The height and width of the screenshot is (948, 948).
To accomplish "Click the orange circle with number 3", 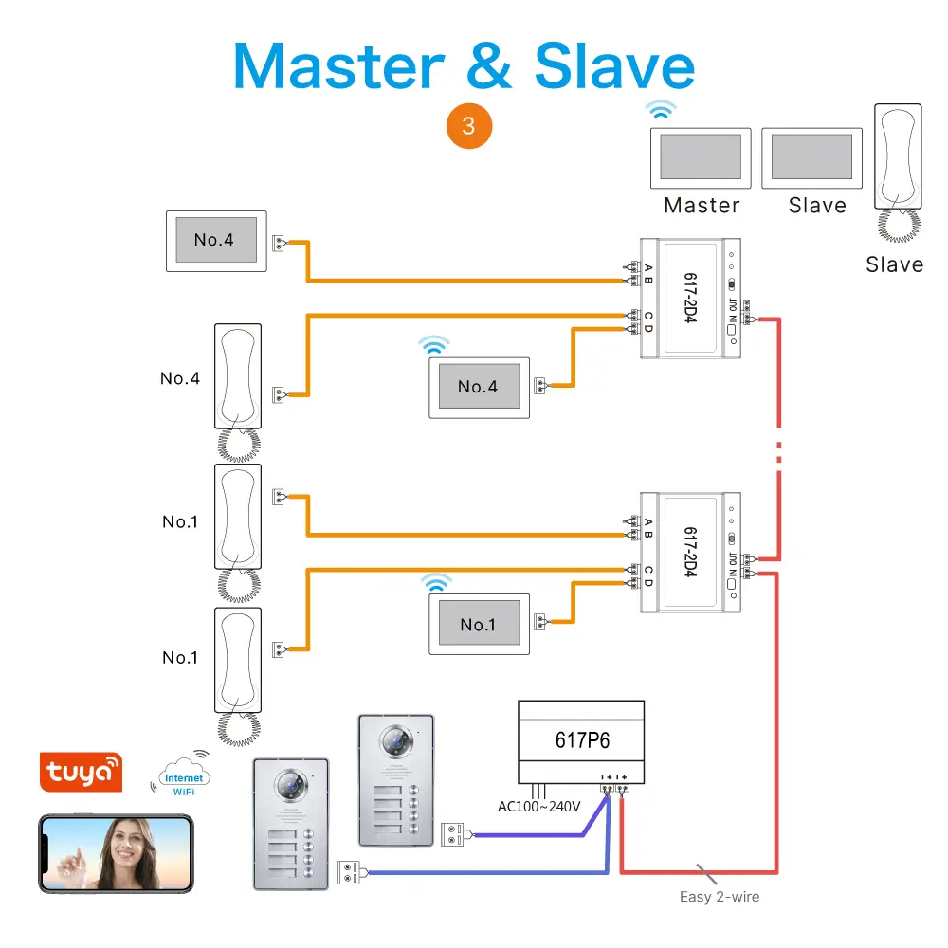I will click(x=468, y=125).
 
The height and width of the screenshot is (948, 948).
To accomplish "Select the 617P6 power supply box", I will click(x=580, y=739).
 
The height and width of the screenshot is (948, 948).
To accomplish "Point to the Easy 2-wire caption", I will click(x=720, y=896).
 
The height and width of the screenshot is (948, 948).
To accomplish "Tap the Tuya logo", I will click(x=81, y=772).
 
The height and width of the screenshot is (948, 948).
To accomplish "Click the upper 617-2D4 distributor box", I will click(x=690, y=297).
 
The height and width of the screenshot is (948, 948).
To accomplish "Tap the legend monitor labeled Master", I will click(x=701, y=156).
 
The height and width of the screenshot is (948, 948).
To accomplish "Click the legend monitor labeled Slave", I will click(x=812, y=156).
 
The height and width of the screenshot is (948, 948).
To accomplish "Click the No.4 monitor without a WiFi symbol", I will click(x=215, y=241).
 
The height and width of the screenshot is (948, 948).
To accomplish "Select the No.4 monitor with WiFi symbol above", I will click(x=479, y=387).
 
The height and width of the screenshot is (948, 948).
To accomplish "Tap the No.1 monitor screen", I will click(x=479, y=625).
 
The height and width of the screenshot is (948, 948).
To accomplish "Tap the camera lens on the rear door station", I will click(x=393, y=739).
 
